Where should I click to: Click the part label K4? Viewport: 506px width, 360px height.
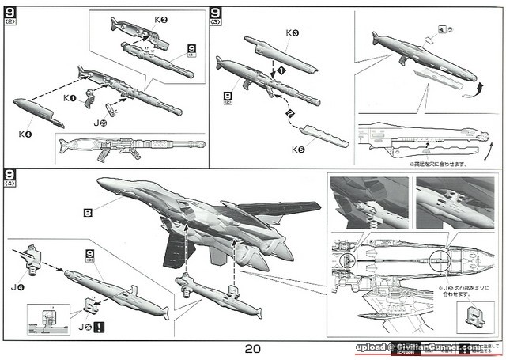pyautogui.click(x=25, y=134)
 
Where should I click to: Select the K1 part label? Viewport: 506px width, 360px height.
pyautogui.click(x=70, y=98)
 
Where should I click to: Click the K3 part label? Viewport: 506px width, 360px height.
pyautogui.click(x=293, y=34)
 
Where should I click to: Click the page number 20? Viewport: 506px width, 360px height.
pyautogui.click(x=253, y=348)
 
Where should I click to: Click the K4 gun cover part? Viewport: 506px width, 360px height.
pyautogui.click(x=38, y=113)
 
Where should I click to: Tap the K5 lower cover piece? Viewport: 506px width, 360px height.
pyautogui.click(x=326, y=137)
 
